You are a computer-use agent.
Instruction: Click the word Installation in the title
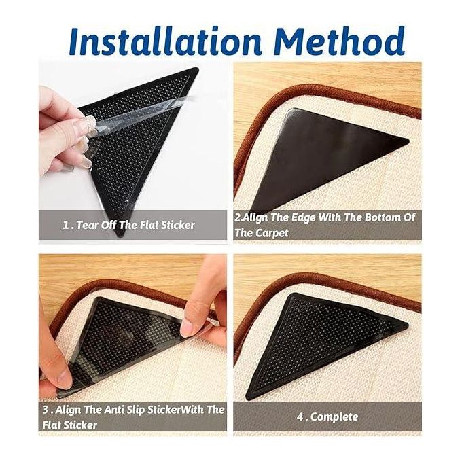tap(166, 41)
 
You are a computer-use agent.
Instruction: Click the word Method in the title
tap(340, 41)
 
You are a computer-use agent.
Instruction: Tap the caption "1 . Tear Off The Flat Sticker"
tap(129, 226)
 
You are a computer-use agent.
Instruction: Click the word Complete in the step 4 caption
tap(334, 417)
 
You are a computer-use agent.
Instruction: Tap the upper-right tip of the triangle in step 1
tap(197, 69)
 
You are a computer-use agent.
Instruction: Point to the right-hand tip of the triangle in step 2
tap(408, 140)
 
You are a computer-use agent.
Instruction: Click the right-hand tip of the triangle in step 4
tap(407, 325)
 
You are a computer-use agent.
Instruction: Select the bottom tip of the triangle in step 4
tap(249, 397)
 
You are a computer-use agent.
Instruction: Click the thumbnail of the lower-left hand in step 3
tap(63, 378)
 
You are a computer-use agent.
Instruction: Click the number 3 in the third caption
tap(46, 410)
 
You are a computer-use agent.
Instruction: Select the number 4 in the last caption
tap(300, 417)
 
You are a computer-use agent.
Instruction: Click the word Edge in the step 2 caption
tap(303, 218)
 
